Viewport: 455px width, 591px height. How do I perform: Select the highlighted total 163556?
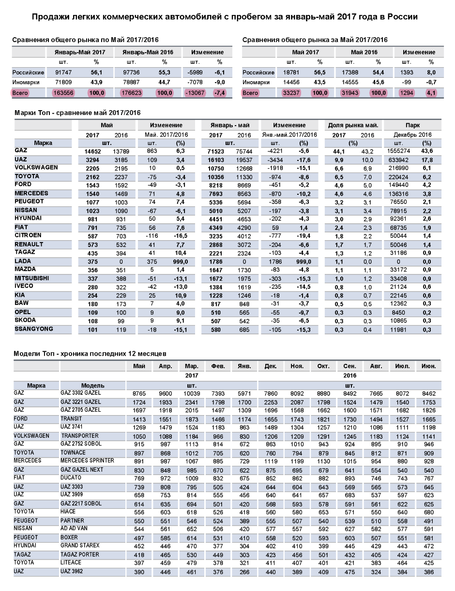pos(64,93)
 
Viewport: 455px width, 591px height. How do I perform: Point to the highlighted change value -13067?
pos(195,93)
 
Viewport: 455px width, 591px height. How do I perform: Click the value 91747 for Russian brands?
pos(64,72)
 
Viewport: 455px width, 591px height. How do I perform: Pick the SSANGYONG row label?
pos(33,330)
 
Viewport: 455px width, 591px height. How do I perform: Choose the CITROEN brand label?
pos(28,235)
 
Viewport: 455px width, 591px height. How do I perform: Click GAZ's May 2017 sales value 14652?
pos(92,151)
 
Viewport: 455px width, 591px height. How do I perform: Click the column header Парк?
pos(413,125)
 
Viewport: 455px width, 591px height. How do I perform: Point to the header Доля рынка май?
pos(353,125)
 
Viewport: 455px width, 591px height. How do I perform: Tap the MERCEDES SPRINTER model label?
pos(87,461)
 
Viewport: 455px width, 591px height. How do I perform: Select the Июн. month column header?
pos(428,366)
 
